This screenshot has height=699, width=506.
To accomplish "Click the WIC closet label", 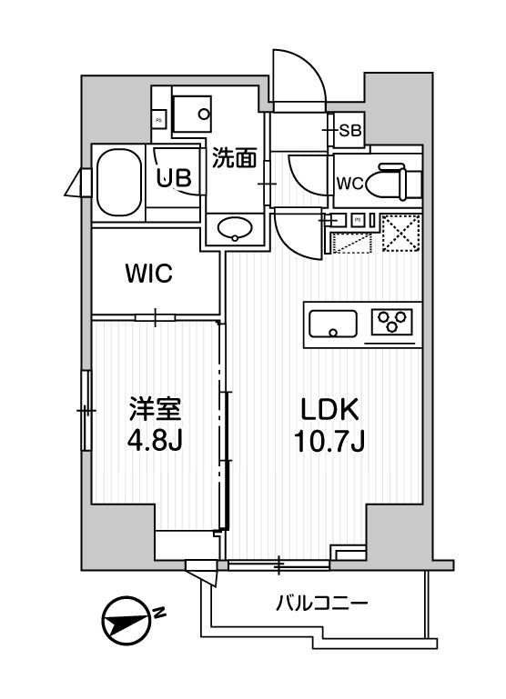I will pos(149,274).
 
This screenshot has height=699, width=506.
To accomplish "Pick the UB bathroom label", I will pos(173,178).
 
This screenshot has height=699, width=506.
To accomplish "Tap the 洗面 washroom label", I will pos(234,159).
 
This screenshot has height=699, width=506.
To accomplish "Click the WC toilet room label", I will pos(350,184).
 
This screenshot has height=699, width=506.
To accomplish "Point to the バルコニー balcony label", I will pos(321,603).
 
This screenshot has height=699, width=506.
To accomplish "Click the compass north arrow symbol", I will pos(125,624).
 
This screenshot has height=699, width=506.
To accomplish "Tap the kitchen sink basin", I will pos(334,323).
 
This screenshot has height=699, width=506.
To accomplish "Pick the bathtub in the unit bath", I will pos(119,181).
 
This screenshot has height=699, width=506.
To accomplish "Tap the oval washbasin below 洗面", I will pos(236,227).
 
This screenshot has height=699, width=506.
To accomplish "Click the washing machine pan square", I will pos(191,113).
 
